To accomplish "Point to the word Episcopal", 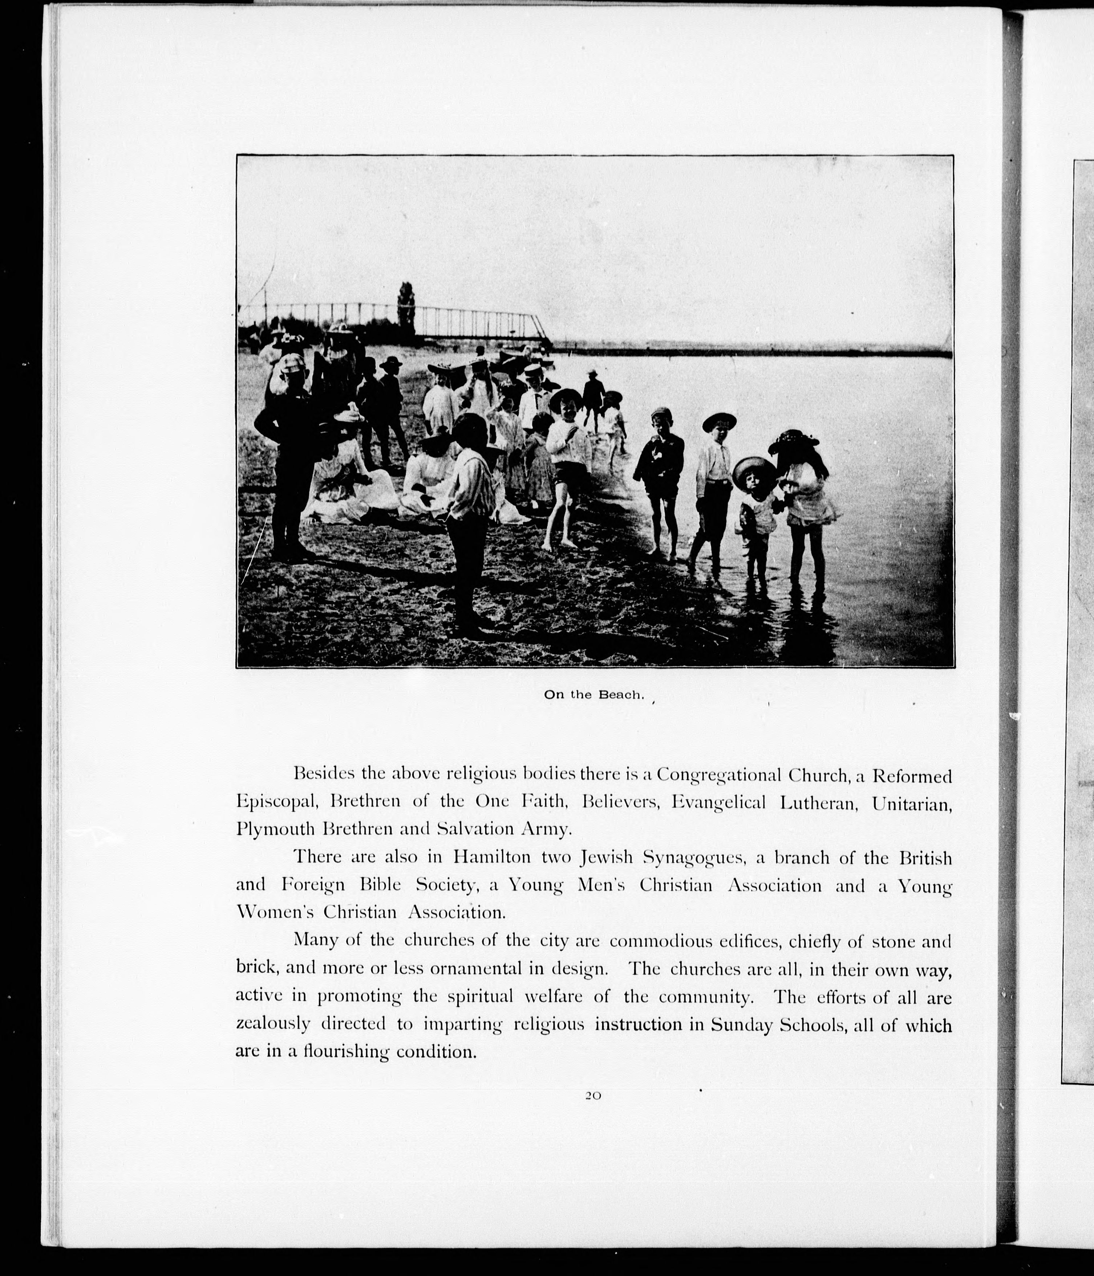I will tap(276, 803).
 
